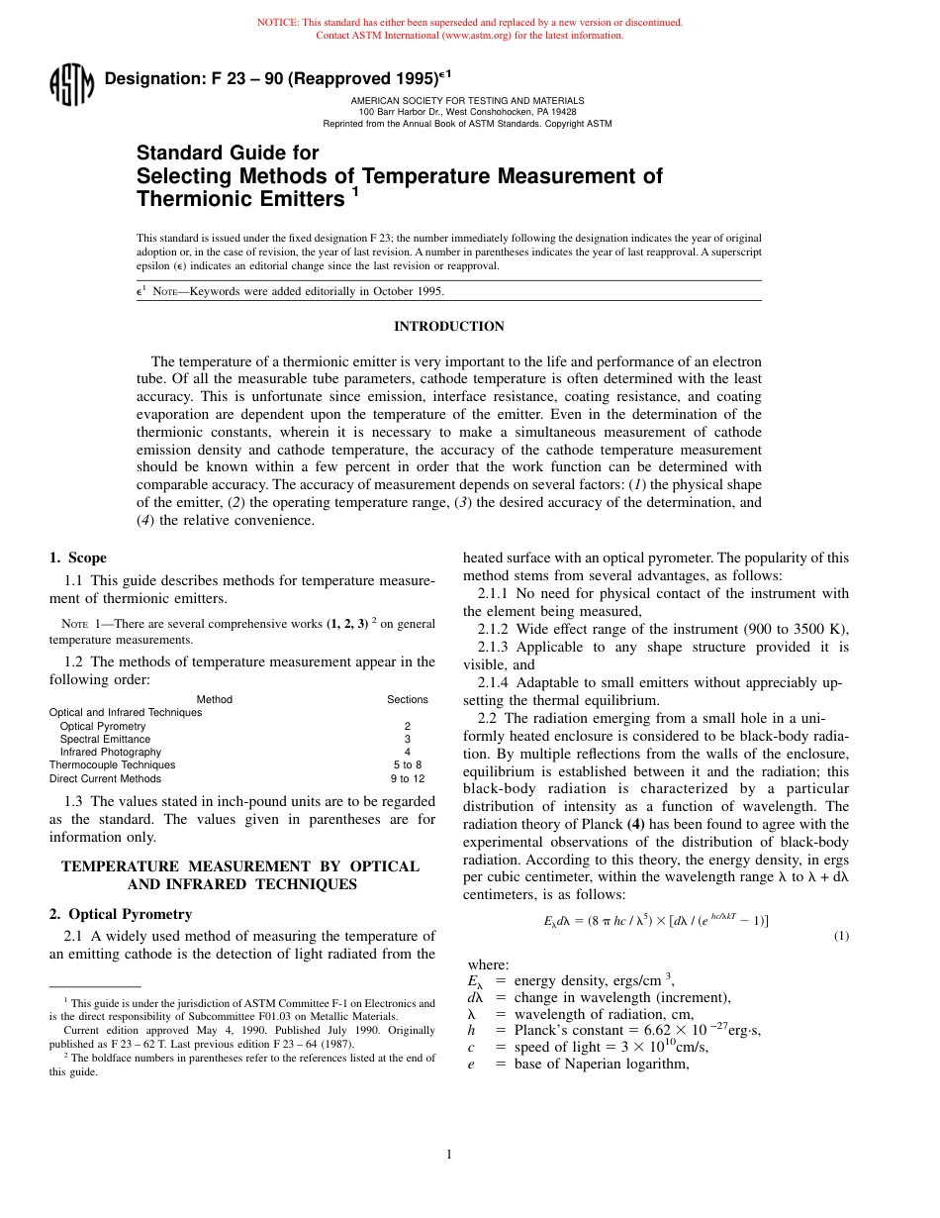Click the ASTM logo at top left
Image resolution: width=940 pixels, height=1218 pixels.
coord(71,85)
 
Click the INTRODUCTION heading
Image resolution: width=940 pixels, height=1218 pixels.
coord(448,327)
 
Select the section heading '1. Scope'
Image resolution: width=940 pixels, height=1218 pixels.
coord(78,558)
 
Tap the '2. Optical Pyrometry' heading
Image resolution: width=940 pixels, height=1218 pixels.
coord(121,914)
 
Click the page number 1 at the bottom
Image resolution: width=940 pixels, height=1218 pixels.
coord(448,1154)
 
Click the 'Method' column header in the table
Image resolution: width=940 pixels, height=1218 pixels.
coord(215,699)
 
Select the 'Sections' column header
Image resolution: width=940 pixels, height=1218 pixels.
coord(407,699)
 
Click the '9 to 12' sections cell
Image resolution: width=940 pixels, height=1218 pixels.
coord(407,778)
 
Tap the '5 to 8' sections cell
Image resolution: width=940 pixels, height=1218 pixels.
coord(407,764)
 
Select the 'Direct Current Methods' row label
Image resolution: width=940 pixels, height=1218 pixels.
coord(105,778)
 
